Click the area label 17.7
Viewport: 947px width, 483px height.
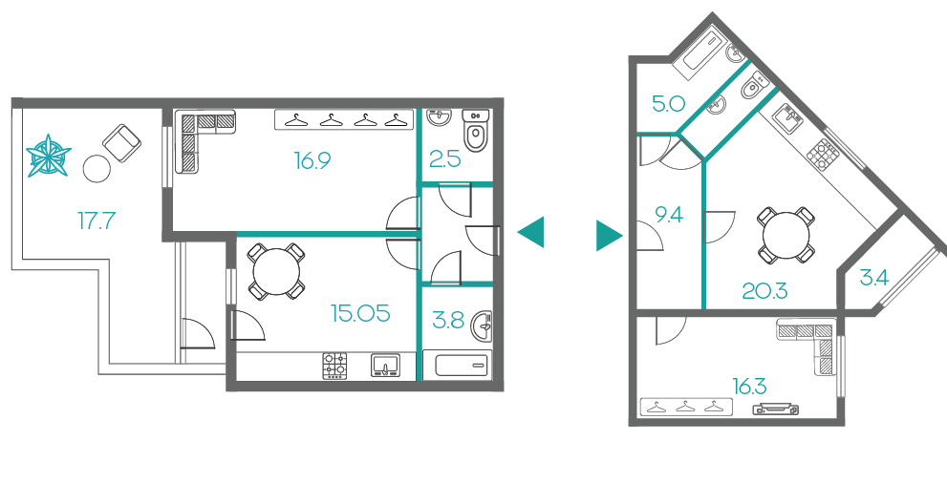pyautogui.click(x=96, y=220)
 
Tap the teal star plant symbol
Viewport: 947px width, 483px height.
pyautogui.click(x=49, y=156)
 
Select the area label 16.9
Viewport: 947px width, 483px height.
pyautogui.click(x=312, y=160)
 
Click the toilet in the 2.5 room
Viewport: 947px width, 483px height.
pyautogui.click(x=477, y=130)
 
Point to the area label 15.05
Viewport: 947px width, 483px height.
pyautogui.click(x=360, y=313)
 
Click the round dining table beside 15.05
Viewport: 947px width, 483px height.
pyautogui.click(x=276, y=271)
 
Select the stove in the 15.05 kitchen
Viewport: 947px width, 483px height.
pyautogui.click(x=335, y=366)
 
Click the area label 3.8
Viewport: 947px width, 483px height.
pyautogui.click(x=448, y=321)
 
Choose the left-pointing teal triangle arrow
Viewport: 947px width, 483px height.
pyautogui.click(x=531, y=232)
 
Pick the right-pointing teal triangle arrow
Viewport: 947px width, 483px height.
pyautogui.click(x=609, y=235)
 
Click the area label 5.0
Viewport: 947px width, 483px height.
pyautogui.click(x=668, y=104)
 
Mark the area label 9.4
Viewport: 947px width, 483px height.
pyautogui.click(x=669, y=214)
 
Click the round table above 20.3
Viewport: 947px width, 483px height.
pyautogui.click(x=786, y=235)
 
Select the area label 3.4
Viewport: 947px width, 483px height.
pyautogui.click(x=874, y=278)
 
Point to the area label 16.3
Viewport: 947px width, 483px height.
pyautogui.click(x=749, y=386)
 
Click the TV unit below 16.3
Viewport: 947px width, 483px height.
pyautogui.click(x=776, y=409)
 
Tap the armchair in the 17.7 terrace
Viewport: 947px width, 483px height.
pyautogui.click(x=122, y=143)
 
